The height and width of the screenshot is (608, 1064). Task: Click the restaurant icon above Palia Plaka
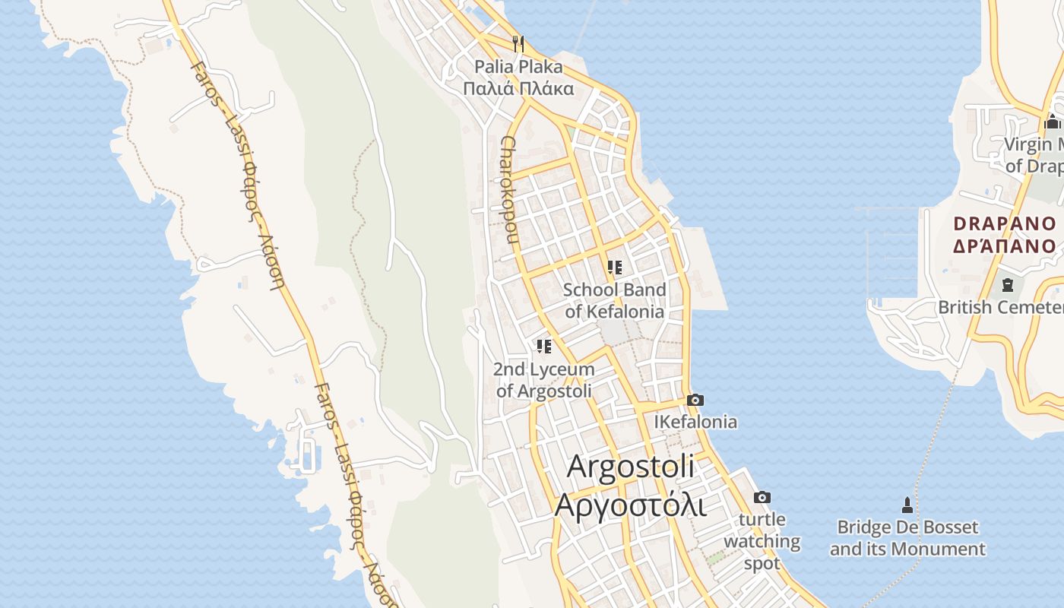[x=518, y=43]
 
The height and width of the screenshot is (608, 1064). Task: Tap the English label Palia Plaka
[x=518, y=67]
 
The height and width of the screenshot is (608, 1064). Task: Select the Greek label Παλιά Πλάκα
[x=518, y=88]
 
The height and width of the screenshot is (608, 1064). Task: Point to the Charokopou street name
[x=508, y=190]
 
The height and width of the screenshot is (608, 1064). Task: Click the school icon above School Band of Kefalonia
[x=614, y=268]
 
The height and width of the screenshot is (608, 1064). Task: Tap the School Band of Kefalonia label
[x=614, y=301]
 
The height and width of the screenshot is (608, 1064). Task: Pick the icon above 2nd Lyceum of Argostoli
[x=543, y=347]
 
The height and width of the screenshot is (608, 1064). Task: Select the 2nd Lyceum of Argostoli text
[x=543, y=380]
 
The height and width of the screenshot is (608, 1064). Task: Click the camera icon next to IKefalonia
[x=695, y=401]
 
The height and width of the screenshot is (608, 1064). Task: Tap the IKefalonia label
[x=695, y=422]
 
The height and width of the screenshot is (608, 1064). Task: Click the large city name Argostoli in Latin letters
[x=631, y=466]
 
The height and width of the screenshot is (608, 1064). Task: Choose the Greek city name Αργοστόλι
[x=631, y=504]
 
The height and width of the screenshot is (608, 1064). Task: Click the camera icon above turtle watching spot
[x=762, y=498]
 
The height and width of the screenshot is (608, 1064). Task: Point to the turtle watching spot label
[x=762, y=541]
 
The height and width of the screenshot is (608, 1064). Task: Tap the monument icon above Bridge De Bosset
[x=907, y=505]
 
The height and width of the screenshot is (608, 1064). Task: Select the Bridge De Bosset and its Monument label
[x=907, y=538]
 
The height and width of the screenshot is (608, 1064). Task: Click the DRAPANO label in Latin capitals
[x=1005, y=223]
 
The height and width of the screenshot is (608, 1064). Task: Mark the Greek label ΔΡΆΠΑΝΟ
[x=1005, y=245]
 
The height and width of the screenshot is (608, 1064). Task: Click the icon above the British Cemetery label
[x=1008, y=285]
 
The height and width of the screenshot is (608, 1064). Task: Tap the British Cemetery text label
[x=1000, y=307]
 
